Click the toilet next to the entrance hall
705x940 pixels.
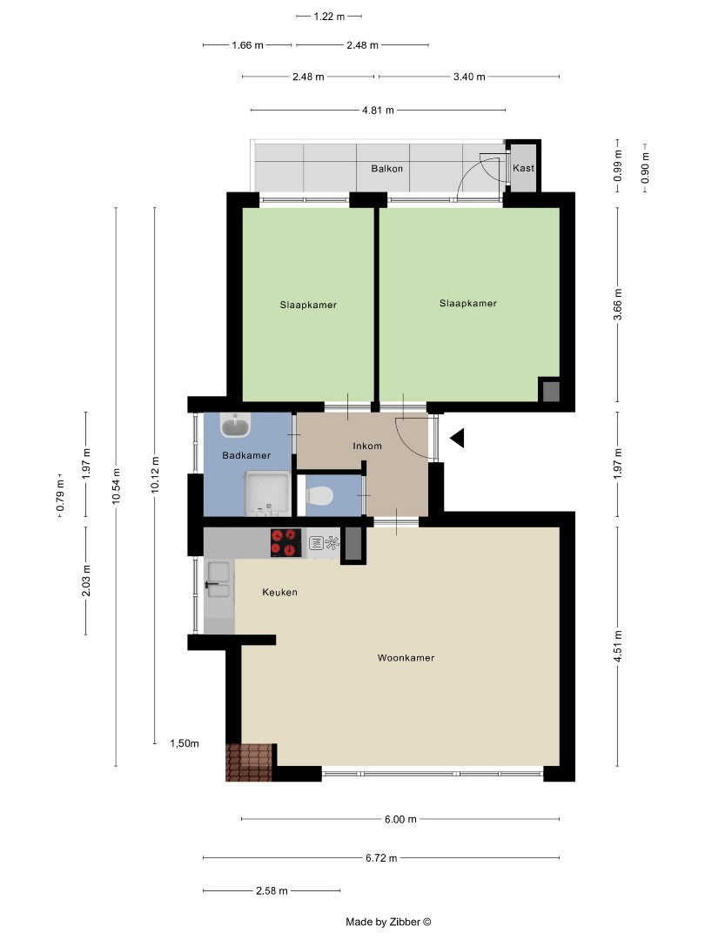point(319,496)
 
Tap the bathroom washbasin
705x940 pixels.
point(236,426)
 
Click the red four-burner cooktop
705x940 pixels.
point(285,542)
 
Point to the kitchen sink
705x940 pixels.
point(218,581)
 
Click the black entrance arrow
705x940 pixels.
point(457,438)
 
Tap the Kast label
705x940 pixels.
point(523,168)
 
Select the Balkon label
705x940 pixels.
point(386,169)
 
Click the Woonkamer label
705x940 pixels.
point(406,658)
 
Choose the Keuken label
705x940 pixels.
point(279,592)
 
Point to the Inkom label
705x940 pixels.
point(366,446)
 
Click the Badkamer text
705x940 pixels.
point(245,455)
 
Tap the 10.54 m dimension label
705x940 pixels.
point(117,485)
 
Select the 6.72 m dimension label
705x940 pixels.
point(380,858)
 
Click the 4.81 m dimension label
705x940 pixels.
point(377,111)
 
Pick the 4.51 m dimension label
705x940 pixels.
point(617,647)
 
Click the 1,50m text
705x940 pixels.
point(185,743)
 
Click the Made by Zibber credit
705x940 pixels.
point(388,922)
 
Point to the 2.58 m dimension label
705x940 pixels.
point(272,891)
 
